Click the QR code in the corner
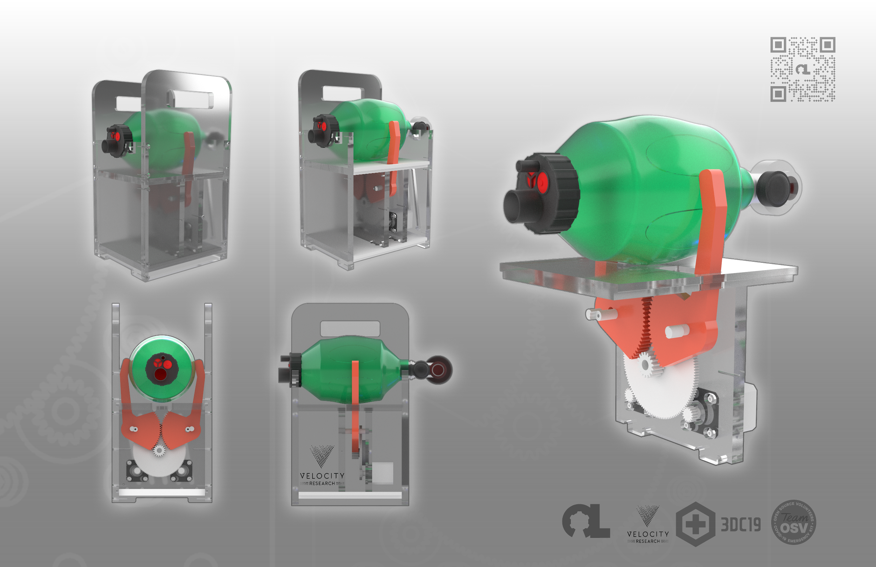point(802,69)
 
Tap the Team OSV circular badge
point(793,522)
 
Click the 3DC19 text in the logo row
point(740,524)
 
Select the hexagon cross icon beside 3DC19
point(695,524)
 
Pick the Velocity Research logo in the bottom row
point(648,524)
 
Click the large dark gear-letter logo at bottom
point(586,521)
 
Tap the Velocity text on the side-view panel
point(322,476)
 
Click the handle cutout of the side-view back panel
point(350,328)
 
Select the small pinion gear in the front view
point(159,450)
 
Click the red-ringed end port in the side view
point(438,370)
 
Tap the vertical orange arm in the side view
point(355,405)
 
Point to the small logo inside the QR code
point(802,69)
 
